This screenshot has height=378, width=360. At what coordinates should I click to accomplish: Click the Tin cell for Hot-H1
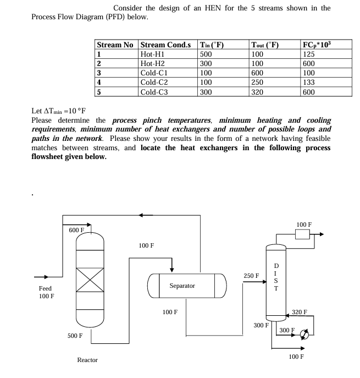tap(206, 54)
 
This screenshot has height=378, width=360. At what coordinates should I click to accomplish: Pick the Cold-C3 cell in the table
tap(154, 92)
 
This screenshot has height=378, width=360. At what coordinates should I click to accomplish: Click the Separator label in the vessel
tap(182, 286)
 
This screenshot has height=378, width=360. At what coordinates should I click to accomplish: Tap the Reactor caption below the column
tap(87, 360)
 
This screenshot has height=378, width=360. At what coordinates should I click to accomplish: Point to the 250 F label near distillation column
tap(251, 275)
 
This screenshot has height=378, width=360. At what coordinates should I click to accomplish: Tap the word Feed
tap(45, 288)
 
